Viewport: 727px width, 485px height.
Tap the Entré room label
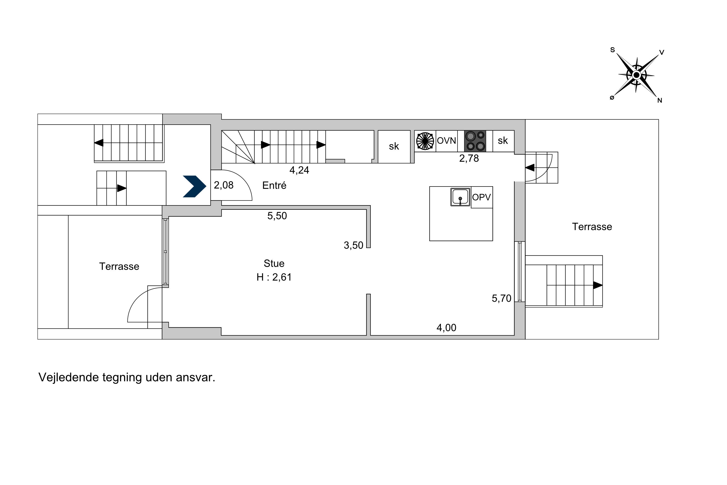coord(274,186)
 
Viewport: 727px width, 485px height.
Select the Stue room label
coord(274,264)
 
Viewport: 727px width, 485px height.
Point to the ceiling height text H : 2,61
coord(274,277)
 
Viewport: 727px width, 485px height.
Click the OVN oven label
coord(446,141)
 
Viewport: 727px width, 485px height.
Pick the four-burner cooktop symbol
coord(475,141)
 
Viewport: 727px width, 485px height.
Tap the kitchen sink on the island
coord(460,197)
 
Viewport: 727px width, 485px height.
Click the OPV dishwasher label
coord(481,197)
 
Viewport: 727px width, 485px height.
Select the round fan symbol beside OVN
coord(425,141)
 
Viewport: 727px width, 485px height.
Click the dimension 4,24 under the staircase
coord(299,170)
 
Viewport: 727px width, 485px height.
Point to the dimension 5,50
coord(277,216)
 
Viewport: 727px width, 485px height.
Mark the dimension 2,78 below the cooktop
coord(469,158)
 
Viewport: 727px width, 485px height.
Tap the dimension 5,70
coord(501,299)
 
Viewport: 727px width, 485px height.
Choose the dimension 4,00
coord(446,328)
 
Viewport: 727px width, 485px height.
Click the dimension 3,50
coord(354,245)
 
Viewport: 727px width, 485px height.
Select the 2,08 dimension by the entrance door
coord(224,185)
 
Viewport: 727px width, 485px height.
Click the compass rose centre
coord(636,75)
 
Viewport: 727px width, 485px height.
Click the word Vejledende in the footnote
coord(68,378)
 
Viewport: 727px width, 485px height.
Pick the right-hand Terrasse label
coord(592,227)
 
